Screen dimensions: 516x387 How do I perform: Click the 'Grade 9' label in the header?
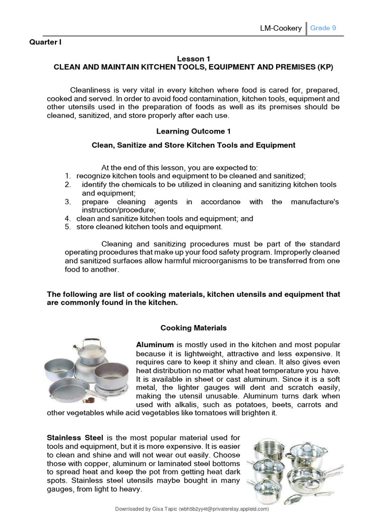tap(323, 28)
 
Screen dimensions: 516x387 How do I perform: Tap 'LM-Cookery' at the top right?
tap(281, 28)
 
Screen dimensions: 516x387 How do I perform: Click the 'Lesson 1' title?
tap(193, 59)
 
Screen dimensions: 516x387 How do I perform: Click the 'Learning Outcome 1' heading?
tap(193, 131)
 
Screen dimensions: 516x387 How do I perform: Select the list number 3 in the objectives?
tap(68, 202)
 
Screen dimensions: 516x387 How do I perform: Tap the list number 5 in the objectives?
tap(68, 227)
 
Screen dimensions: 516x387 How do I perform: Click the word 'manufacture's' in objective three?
tap(315, 202)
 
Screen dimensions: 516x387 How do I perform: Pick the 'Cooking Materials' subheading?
tap(193, 328)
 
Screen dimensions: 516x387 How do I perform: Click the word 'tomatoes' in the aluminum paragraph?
tap(224, 413)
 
